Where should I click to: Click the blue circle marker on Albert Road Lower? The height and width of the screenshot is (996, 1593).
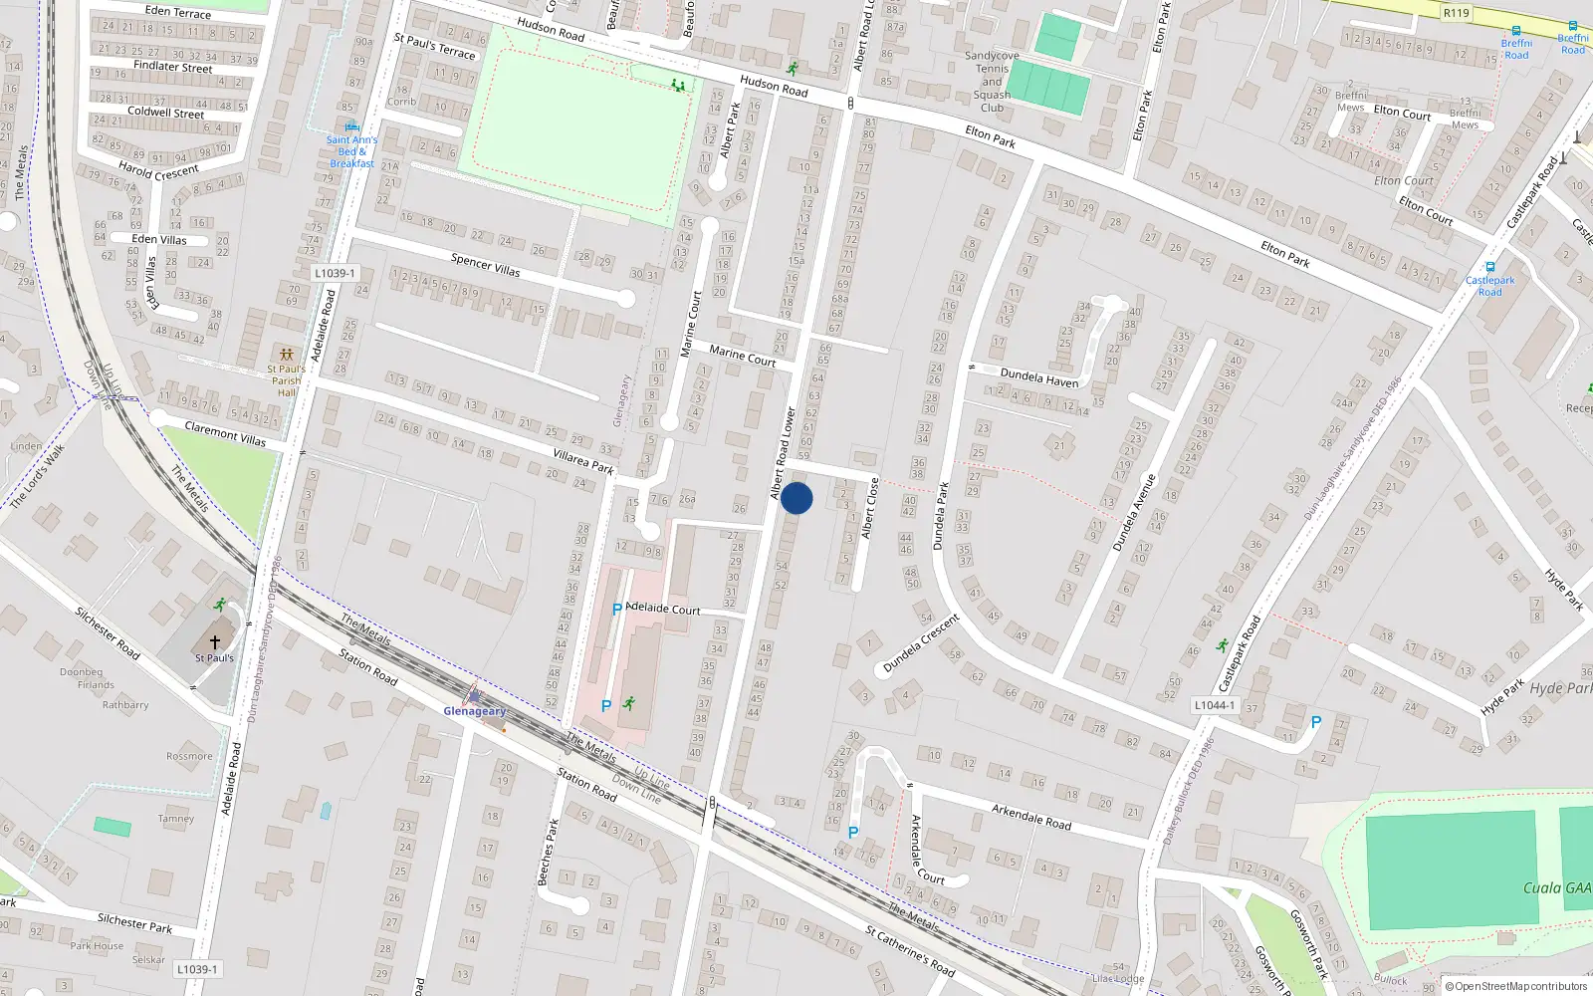coord(796,498)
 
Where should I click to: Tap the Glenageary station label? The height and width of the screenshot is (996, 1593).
coord(475,711)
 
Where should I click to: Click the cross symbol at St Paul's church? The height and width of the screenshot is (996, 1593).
coord(214,642)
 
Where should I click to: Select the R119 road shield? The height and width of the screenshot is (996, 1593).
coord(1456,13)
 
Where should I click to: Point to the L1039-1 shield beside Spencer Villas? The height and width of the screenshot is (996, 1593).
coord(334,273)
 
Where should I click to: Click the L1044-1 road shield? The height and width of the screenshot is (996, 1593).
coord(1214,705)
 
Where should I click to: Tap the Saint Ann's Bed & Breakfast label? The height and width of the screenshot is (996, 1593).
coord(351,151)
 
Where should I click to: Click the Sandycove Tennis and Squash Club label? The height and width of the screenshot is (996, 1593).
coord(992,82)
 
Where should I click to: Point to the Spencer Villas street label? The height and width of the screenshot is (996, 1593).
coord(485,265)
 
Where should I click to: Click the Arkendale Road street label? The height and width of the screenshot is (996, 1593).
coord(1031,817)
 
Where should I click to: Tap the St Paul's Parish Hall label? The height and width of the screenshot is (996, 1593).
coord(286,380)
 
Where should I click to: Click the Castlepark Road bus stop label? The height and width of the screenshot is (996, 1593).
coord(1489,286)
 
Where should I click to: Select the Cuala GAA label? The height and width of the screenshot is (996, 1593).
coord(1557,887)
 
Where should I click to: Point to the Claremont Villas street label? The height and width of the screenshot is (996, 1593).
coord(225,433)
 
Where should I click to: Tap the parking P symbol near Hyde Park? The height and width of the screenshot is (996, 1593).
coord(1315,722)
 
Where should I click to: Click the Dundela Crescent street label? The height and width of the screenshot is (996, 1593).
coord(921,642)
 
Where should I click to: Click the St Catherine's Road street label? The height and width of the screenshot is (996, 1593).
coord(910,951)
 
